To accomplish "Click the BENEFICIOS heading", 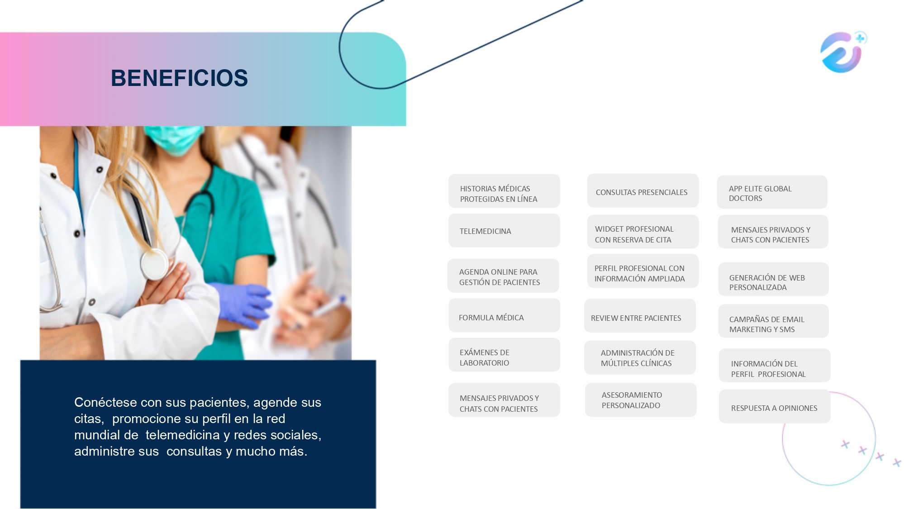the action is click(x=179, y=78).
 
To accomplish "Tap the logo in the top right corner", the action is click(x=843, y=52).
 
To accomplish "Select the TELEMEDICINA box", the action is click(x=504, y=231).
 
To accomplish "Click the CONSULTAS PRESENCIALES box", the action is click(x=642, y=191).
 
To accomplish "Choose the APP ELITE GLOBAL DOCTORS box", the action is click(x=772, y=192).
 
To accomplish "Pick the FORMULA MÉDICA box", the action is click(x=504, y=315).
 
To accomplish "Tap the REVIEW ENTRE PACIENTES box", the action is click(x=640, y=316).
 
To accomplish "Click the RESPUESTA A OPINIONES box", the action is click(x=775, y=407).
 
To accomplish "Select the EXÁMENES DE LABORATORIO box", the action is click(x=504, y=355).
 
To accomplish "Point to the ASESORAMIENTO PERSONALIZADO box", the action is click(x=641, y=400).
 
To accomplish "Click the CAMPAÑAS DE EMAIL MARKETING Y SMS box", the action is click(x=774, y=321).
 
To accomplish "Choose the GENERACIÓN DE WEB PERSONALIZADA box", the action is click(x=774, y=280).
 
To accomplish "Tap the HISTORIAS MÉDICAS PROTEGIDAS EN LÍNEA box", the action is click(x=504, y=191).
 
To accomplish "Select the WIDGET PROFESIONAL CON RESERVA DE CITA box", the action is click(x=642, y=232).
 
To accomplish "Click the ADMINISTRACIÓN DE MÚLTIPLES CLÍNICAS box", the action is click(x=640, y=358).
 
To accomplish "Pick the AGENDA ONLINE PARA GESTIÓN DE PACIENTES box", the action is click(x=503, y=276).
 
